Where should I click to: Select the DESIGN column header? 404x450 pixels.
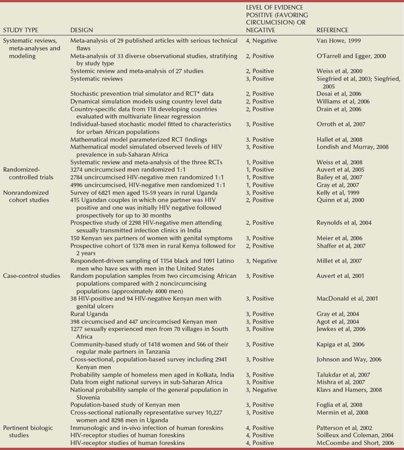[81, 30]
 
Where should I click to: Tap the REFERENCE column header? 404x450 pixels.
[333, 30]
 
